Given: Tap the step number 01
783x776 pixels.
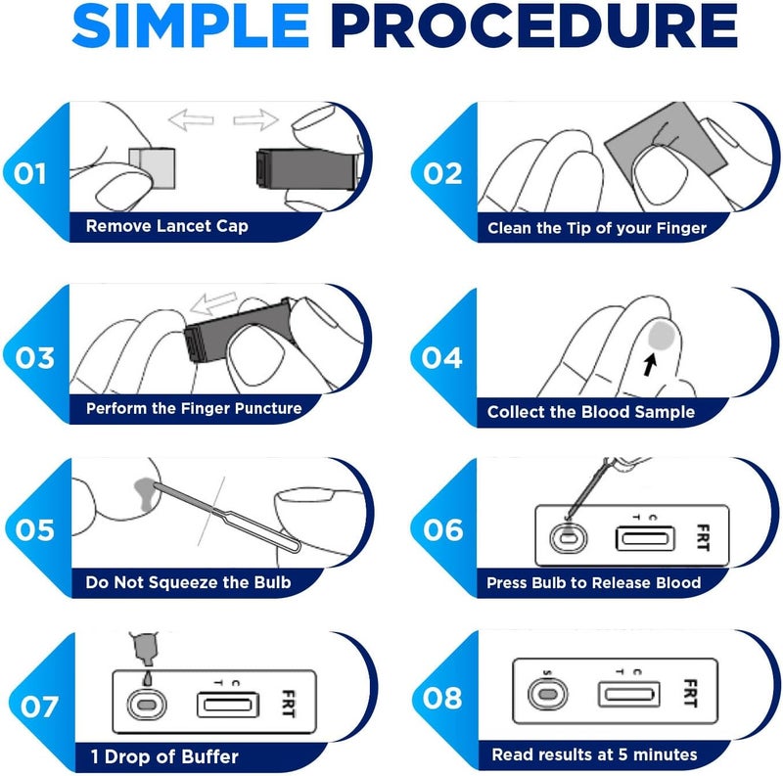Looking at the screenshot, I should tap(31, 174).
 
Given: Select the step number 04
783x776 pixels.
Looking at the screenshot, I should tap(442, 357).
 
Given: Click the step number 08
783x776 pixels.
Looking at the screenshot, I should tap(442, 699).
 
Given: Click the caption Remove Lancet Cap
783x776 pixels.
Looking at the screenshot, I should tap(166, 227).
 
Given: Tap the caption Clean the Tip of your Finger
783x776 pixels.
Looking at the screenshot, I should tap(597, 228).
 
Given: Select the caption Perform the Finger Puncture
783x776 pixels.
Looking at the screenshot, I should tap(193, 408).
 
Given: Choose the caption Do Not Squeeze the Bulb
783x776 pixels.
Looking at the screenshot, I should tap(188, 582).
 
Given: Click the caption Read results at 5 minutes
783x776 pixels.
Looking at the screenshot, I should tap(594, 754).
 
